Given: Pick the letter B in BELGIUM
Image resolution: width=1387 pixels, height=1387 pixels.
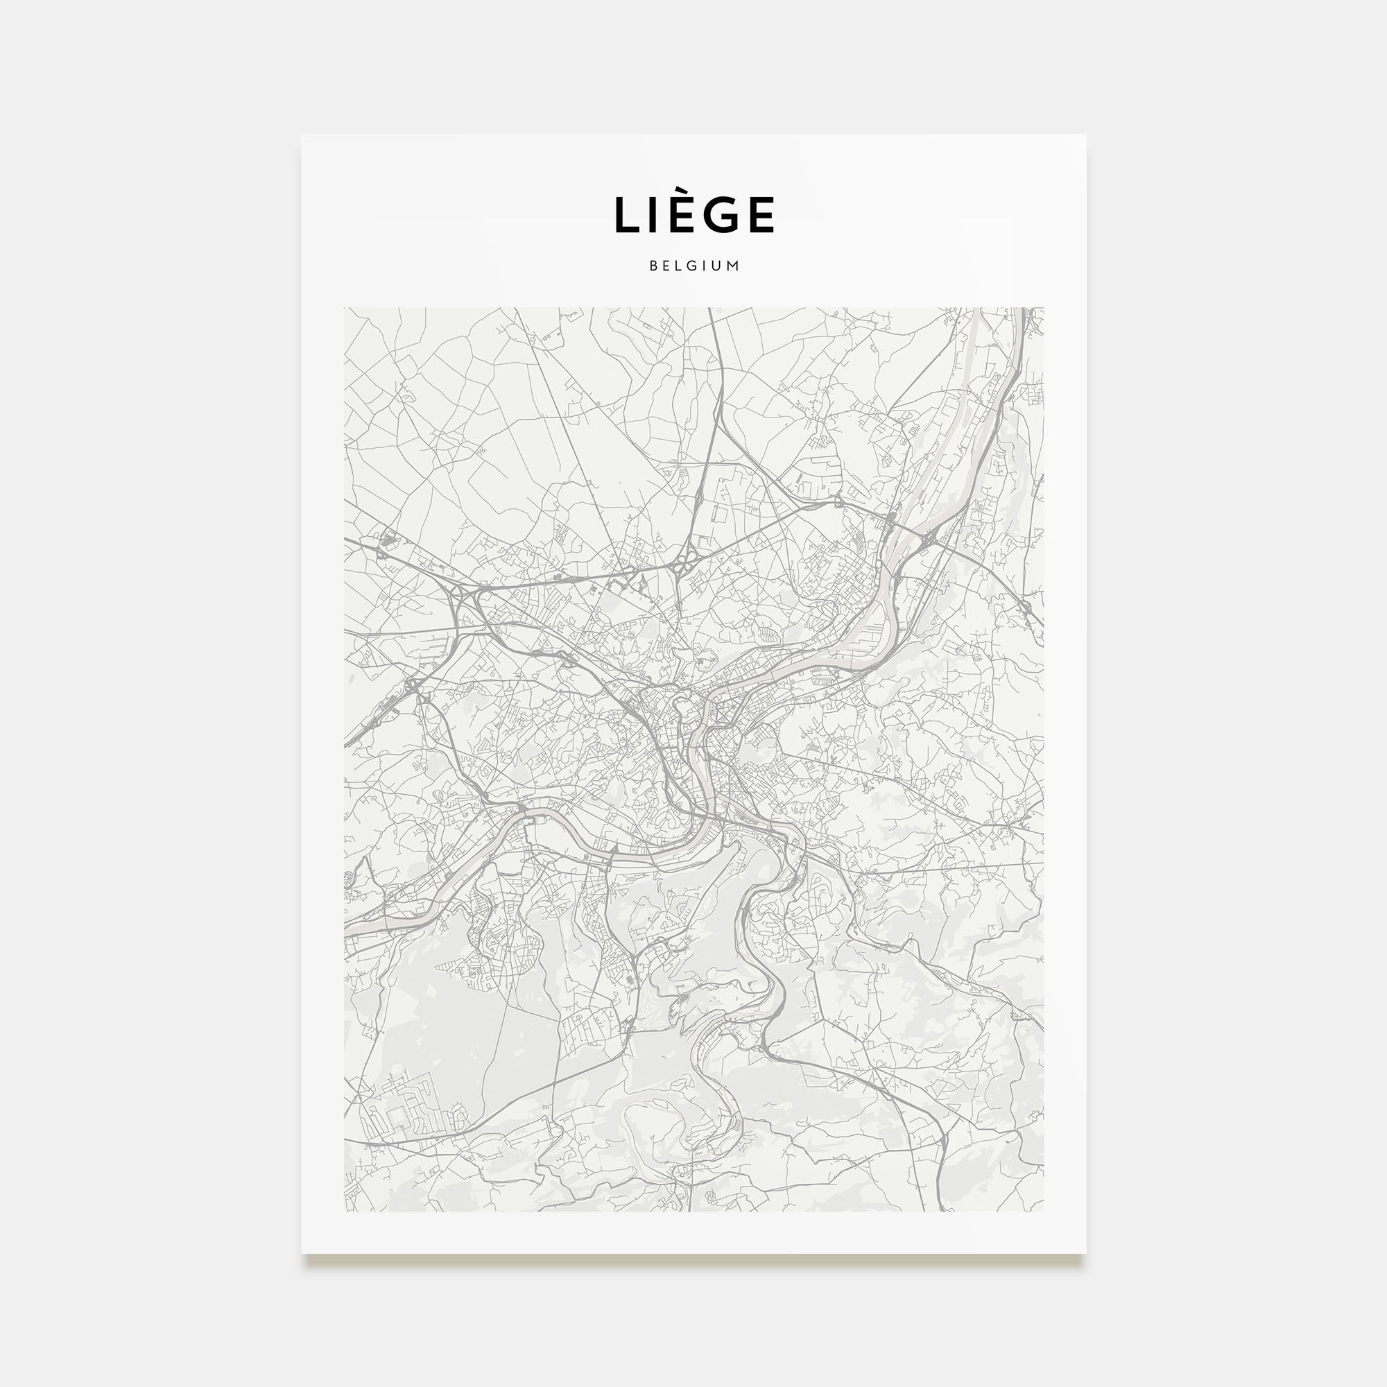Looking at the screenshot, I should (x=653, y=266).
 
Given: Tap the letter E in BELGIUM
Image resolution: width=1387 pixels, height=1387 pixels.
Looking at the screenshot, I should (x=668, y=266).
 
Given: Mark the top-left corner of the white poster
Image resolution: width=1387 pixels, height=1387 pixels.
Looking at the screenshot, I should (x=302, y=135).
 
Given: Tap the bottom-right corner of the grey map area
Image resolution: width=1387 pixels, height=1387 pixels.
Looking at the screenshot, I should (x=1043, y=1211).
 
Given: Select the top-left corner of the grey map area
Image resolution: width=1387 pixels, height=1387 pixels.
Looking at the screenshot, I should (x=345, y=309).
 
